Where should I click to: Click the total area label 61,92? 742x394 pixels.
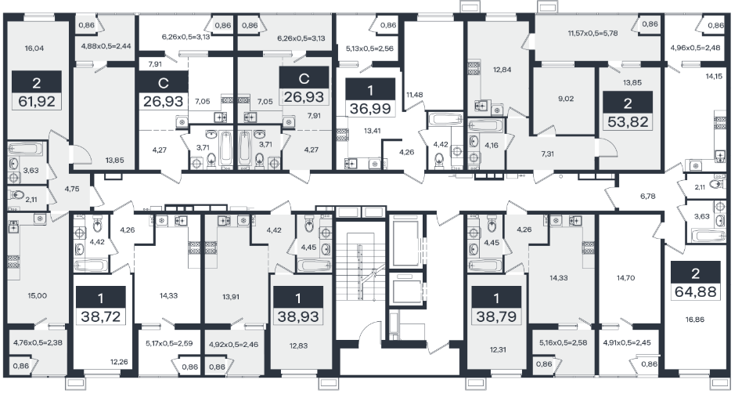(37, 101)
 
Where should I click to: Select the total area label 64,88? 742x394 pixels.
(695, 291)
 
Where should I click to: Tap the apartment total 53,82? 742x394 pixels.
(628, 121)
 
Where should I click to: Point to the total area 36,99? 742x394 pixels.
(370, 109)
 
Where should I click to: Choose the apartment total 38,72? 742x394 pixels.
(100, 316)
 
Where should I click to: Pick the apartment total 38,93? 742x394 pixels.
(298, 316)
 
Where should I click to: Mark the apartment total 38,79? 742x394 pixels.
(496, 316)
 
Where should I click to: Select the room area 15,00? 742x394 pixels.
(38, 295)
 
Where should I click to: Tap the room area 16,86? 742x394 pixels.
(695, 320)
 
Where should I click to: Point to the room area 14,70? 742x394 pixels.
(625, 278)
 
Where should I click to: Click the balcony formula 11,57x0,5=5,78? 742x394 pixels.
(593, 34)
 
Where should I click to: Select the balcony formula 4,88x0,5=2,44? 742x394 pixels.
(106, 46)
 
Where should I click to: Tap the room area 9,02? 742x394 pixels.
(566, 99)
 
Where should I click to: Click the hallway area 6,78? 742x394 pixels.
(647, 196)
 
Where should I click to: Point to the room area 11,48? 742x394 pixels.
(415, 95)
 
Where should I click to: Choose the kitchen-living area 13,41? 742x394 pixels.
(373, 130)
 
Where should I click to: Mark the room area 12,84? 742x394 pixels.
(502, 70)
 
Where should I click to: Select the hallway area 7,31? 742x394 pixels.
(547, 154)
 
